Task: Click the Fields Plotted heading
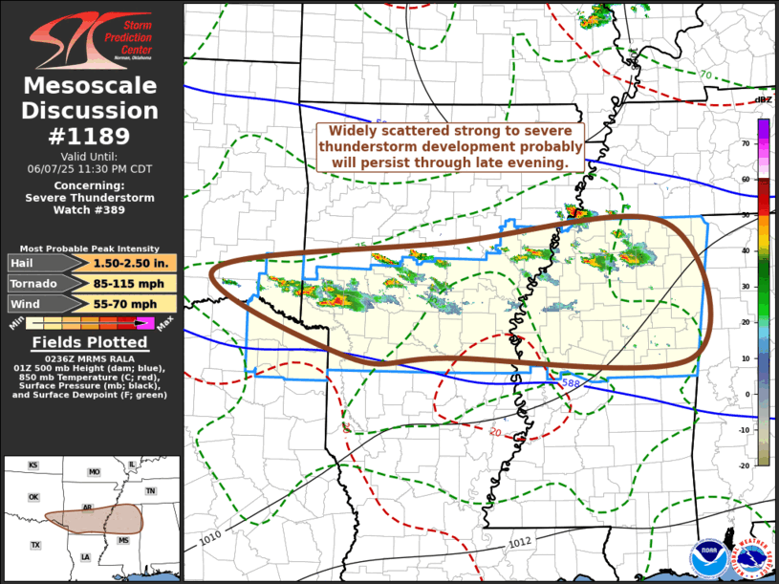[90, 342]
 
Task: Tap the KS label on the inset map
[33, 465]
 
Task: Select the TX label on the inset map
[35, 545]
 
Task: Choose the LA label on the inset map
[85, 556]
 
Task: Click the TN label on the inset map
[150, 490]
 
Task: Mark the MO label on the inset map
[94, 472]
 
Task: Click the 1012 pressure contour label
[519, 543]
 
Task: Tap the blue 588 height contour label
[571, 383]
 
